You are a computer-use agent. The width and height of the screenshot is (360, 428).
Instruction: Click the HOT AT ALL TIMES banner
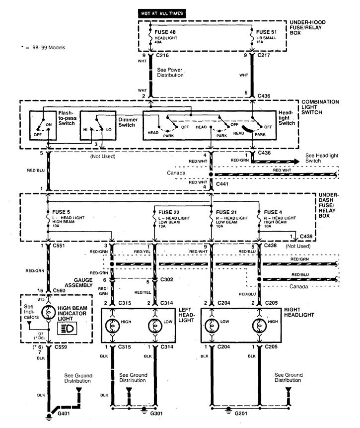point(162,13)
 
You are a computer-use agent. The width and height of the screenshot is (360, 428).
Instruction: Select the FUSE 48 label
point(165,32)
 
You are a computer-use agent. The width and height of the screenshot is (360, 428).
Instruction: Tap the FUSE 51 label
point(266,32)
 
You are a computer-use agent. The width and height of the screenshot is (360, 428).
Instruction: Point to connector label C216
point(162,55)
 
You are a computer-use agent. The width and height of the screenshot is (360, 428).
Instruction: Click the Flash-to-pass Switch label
point(68,118)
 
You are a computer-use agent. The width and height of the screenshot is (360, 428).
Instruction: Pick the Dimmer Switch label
point(128,122)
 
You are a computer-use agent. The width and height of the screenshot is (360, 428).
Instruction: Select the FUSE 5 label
point(61,212)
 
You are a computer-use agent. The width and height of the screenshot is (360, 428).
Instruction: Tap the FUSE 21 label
point(226,212)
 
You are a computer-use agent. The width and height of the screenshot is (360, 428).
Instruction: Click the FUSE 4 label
point(273,212)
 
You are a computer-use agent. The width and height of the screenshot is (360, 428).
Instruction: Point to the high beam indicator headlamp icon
point(67,329)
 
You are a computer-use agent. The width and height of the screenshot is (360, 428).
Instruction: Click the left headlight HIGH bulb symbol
point(112,326)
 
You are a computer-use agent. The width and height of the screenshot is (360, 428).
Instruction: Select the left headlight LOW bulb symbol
point(155,326)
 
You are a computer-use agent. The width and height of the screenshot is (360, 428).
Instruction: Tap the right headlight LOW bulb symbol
point(212,326)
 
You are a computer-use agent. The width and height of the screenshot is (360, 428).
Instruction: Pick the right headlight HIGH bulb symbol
point(259,326)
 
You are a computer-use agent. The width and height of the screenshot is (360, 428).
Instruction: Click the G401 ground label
point(64,414)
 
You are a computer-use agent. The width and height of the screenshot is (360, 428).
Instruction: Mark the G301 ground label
point(156,414)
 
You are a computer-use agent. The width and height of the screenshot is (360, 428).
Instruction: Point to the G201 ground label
point(241,414)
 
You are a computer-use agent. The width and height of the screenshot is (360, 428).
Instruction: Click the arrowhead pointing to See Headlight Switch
point(296,162)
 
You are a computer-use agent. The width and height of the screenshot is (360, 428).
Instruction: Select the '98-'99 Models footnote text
point(43,48)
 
